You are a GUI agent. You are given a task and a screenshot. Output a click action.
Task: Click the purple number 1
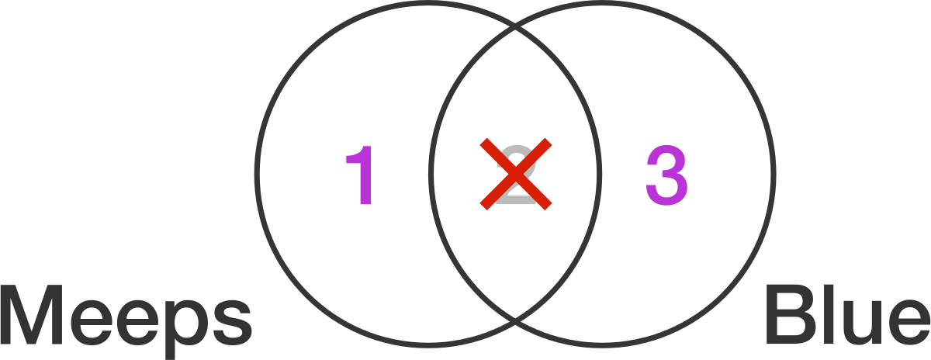pyautogui.click(x=360, y=175)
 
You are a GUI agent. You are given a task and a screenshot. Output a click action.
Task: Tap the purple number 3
pyautogui.click(x=666, y=175)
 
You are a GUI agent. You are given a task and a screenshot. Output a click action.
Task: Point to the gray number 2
pyautogui.click(x=516, y=175)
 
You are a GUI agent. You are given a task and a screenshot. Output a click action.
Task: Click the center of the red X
pyautogui.click(x=516, y=174)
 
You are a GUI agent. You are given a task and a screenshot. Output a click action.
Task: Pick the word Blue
pyautogui.click(x=848, y=315)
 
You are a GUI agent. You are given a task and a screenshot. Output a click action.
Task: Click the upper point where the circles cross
pyautogui.click(x=515, y=28)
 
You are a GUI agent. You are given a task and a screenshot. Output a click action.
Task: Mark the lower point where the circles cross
pyautogui.click(x=515, y=320)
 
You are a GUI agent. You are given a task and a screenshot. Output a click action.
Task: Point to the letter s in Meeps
pyautogui.click(x=230, y=323)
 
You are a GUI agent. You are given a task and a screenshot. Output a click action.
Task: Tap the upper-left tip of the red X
pyautogui.click(x=483, y=142)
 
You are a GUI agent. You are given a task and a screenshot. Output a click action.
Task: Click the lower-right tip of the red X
pyautogui.click(x=549, y=206)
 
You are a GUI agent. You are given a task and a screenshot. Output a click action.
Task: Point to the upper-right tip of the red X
pyautogui.click(x=549, y=142)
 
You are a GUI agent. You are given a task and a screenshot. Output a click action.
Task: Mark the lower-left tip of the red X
pyautogui.click(x=483, y=206)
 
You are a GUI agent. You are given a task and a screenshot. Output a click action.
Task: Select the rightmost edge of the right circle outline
pyautogui.click(x=774, y=174)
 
